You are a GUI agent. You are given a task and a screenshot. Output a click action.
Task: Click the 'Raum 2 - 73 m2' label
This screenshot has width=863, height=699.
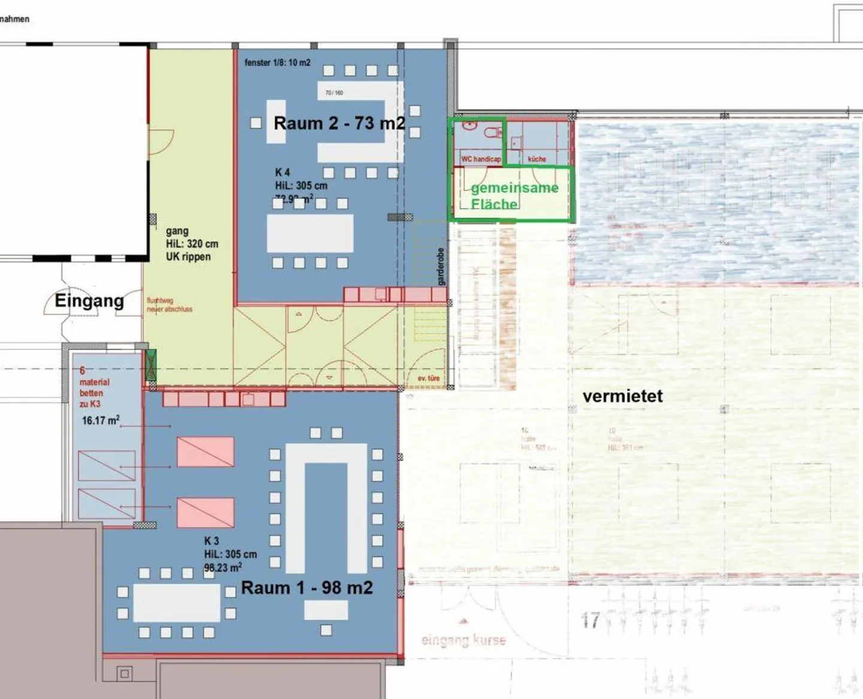339,123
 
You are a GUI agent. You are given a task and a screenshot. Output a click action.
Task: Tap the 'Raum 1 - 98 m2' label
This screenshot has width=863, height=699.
307,588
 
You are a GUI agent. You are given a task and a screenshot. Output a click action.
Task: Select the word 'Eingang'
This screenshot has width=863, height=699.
89,300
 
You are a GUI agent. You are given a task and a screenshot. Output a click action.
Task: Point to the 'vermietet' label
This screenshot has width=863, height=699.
623,396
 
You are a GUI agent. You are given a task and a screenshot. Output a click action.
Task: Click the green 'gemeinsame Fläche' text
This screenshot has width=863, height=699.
514,196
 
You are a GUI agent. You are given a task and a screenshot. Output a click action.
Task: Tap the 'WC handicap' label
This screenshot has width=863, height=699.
481,159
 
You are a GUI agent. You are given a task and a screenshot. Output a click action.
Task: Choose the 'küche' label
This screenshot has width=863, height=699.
537,159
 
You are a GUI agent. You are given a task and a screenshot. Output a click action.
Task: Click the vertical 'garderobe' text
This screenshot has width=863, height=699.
441,267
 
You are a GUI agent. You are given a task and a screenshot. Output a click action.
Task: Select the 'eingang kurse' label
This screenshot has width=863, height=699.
463,640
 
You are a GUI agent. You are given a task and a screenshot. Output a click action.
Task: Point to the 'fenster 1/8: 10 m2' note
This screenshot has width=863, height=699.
277,62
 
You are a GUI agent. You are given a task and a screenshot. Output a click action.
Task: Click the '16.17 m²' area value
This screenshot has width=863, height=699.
100,420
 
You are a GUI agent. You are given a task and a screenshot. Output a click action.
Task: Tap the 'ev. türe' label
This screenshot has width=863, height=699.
429,378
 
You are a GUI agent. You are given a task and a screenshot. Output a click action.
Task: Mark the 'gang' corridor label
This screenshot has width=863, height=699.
177,231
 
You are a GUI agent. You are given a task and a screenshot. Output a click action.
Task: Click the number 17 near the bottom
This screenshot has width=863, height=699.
590,620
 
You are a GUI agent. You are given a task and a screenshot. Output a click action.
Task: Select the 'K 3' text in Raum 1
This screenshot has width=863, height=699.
212,541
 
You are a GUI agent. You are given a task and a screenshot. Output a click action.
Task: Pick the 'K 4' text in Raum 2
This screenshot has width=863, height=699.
282,173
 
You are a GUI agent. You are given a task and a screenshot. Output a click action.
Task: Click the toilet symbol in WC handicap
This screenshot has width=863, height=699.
495,132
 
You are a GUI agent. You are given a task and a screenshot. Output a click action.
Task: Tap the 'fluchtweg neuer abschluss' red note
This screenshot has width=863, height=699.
170,305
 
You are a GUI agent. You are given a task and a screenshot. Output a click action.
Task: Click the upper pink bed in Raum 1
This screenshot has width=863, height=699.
205,452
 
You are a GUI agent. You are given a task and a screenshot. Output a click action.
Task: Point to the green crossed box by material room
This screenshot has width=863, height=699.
151,365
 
